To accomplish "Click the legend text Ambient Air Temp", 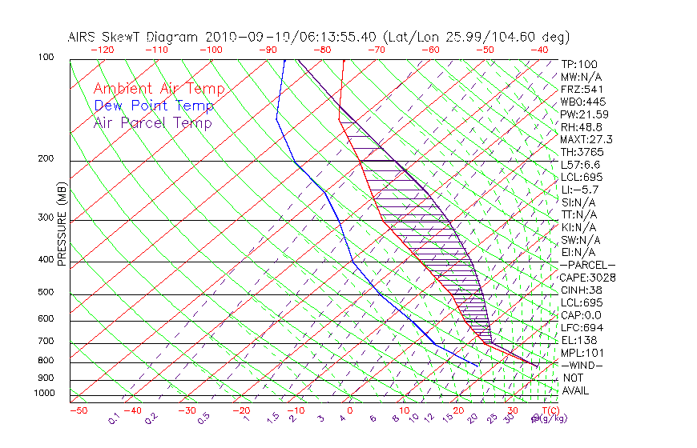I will [159, 90].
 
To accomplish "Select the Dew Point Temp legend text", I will [154, 106].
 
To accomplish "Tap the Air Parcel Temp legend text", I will [152, 123].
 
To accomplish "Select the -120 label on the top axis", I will [103, 50].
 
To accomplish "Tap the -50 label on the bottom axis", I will [78, 410].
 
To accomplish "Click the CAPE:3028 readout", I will [588, 278].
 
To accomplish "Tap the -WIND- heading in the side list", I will [582, 365].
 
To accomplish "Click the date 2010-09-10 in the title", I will [244, 37].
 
